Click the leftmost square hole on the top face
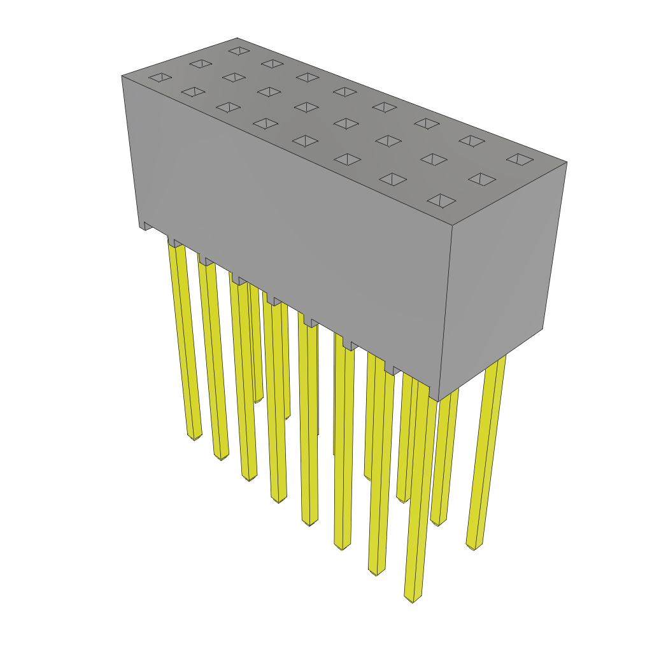pos(160,78)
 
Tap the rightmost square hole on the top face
pos(520,159)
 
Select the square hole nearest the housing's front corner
pos(441,201)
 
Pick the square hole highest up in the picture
pos(239,50)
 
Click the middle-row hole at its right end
pos(482,179)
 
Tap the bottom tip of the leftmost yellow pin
pos(194,436)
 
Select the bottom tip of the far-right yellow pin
pos(474,546)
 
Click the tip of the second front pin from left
pos(221,456)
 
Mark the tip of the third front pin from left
pos(249,477)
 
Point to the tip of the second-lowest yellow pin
pos(376,572)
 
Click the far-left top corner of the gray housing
pos(122,76)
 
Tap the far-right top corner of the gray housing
pos(566,162)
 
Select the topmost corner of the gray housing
pos(237,38)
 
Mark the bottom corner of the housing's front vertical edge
pos(438,400)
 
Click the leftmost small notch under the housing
pos(148,225)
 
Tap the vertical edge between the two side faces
pos(445,312)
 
